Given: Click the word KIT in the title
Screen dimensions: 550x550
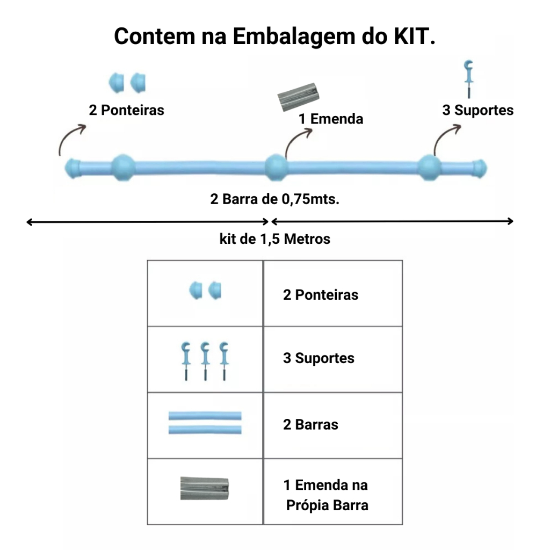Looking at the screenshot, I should pyautogui.click(x=411, y=36).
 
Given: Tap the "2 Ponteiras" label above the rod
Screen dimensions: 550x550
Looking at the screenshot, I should pyautogui.click(x=127, y=110).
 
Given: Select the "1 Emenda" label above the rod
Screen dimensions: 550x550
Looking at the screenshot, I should pyautogui.click(x=331, y=118).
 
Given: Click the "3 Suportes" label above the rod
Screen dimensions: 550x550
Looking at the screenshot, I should pyautogui.click(x=477, y=110).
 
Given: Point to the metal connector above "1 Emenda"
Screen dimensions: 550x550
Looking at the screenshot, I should pyautogui.click(x=299, y=96).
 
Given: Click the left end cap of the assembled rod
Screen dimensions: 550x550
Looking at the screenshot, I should pyautogui.click(x=73, y=168).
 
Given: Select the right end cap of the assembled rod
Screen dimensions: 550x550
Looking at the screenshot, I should pyautogui.click(x=479, y=168).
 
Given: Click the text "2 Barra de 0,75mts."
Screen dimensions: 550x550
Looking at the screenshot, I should pyautogui.click(x=275, y=199).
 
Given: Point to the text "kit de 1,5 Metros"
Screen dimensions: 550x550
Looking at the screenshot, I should pyautogui.click(x=275, y=238).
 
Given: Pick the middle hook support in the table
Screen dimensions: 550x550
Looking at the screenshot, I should pyautogui.click(x=205, y=360).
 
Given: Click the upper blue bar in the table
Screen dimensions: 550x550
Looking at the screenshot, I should pyautogui.click(x=205, y=416).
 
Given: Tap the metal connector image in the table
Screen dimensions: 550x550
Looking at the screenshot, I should pyautogui.click(x=205, y=488).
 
